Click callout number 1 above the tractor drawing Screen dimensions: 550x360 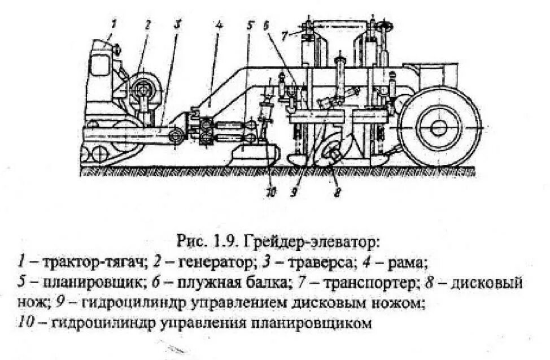pyautogui.click(x=114, y=24)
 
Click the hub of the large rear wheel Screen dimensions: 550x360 pyautogui.click(x=439, y=128)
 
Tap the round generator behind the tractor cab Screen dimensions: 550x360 pyautogui.click(x=145, y=89)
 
